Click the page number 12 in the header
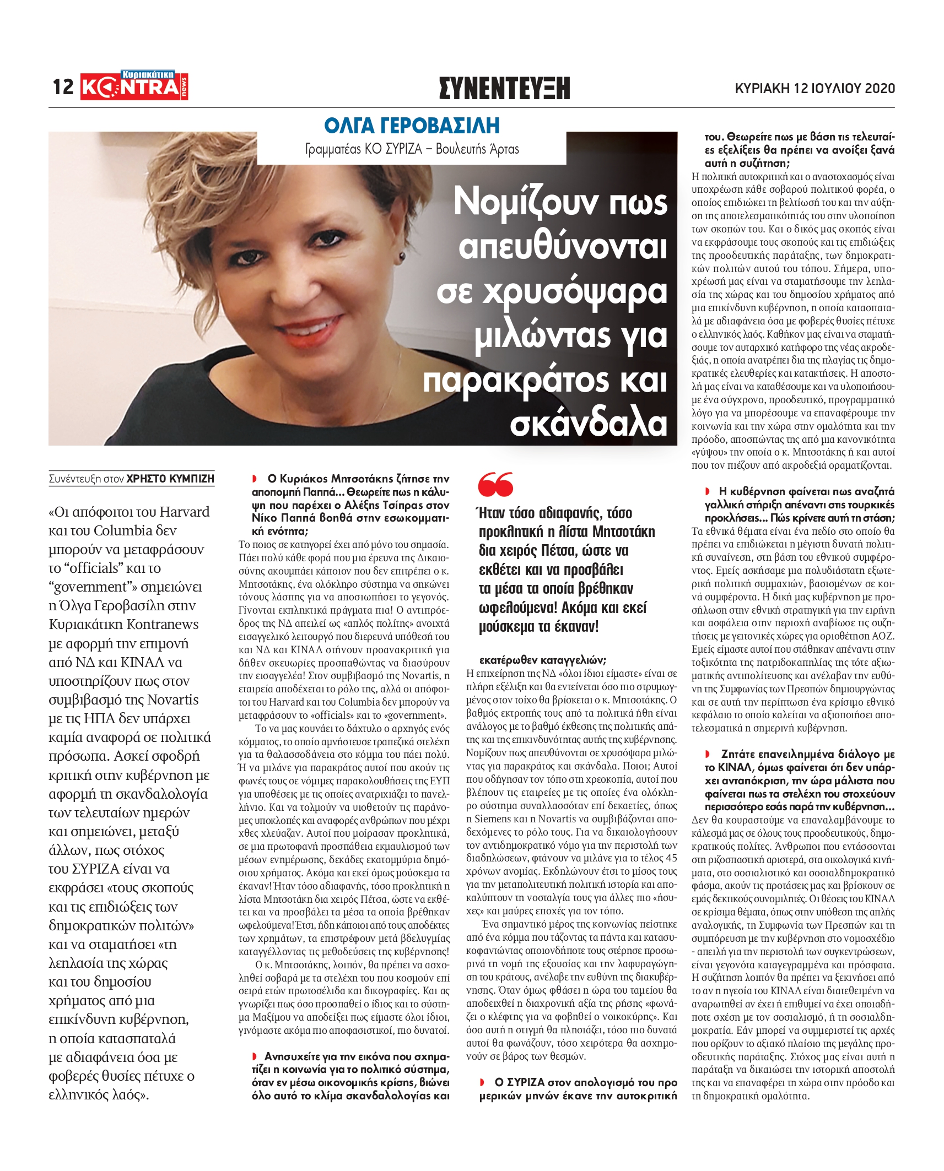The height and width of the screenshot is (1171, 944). tap(63, 87)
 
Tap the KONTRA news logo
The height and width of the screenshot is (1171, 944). tap(134, 86)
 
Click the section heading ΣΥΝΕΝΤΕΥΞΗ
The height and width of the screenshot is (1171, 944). tap(504, 88)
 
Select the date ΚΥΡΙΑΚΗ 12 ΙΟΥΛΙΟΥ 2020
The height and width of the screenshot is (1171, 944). tap(814, 88)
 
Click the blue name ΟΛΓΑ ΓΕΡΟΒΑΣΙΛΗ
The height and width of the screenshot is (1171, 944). tap(412, 126)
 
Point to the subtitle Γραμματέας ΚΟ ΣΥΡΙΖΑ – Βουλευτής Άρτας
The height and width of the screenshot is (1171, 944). tap(412, 149)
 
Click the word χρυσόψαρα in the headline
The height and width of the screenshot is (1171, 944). tap(552, 292)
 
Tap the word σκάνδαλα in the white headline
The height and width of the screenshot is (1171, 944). tap(589, 424)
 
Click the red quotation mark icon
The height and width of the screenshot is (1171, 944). tap(495, 485)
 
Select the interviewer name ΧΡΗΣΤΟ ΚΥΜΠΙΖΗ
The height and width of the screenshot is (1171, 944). tap(170, 479)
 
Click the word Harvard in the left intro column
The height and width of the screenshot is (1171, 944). tap(184, 512)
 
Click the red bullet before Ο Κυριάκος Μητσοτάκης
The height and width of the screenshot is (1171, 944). tap(255, 479)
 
